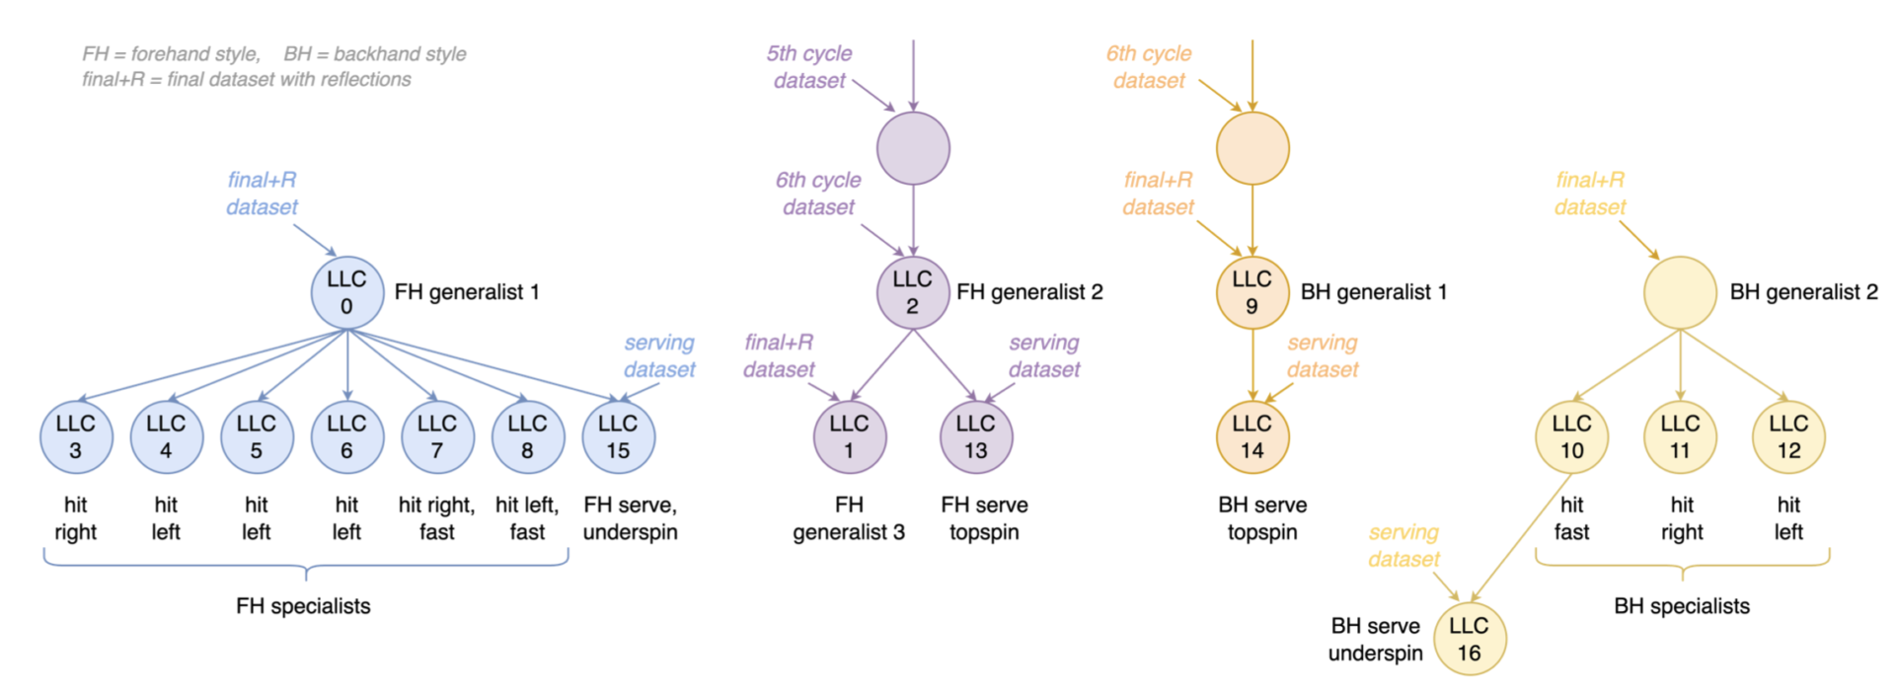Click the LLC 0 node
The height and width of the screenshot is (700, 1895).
point(346,292)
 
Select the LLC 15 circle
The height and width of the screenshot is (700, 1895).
point(618,436)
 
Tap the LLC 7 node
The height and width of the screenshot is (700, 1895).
point(437,436)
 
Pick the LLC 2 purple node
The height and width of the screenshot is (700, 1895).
point(912,292)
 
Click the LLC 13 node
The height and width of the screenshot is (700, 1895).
point(975,436)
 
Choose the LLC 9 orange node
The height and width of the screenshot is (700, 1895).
point(1251,292)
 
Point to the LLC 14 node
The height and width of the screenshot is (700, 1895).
point(1251,436)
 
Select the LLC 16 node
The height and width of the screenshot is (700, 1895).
point(1469,639)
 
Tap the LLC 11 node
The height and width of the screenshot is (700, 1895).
point(1680,436)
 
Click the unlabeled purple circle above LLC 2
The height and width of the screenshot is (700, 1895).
point(913,148)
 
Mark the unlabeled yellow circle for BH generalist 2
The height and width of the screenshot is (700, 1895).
point(1680,292)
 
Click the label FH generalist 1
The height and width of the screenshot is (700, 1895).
point(467,292)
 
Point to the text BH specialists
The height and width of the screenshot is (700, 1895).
point(1682,606)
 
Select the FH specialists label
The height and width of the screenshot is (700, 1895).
point(303,606)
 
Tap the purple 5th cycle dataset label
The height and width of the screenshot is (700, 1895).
point(809,67)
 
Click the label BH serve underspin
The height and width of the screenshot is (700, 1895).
point(1375,639)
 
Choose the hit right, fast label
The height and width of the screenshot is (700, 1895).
point(437,518)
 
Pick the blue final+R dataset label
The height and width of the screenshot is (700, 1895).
point(262,194)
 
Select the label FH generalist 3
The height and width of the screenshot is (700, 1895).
point(849,518)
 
